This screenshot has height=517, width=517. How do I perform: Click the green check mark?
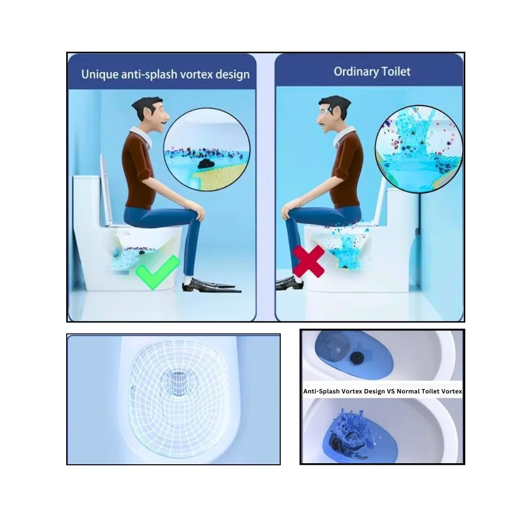[x=157, y=271]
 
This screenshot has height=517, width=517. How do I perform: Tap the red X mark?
[x=309, y=261]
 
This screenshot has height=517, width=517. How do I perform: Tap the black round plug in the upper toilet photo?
[x=356, y=356]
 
